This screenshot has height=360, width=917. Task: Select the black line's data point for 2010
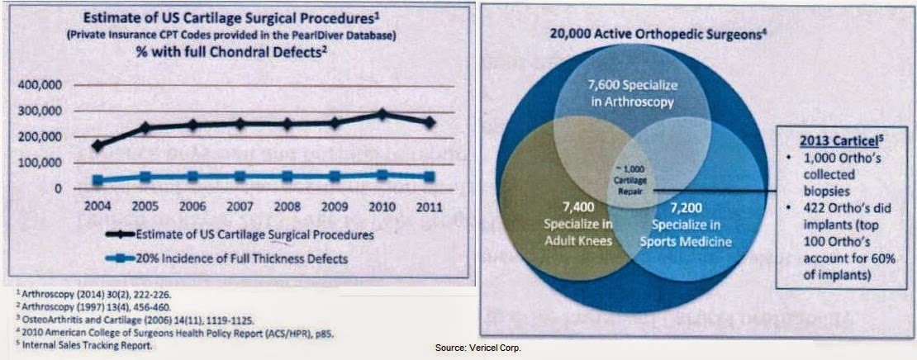click(x=382, y=113)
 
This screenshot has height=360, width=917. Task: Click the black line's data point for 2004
click(x=98, y=145)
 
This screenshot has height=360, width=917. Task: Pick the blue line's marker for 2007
click(x=240, y=176)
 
